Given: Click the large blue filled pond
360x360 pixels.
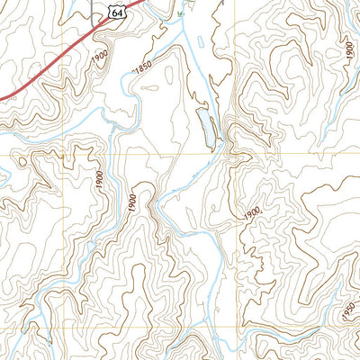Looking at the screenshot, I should (x=204, y=127).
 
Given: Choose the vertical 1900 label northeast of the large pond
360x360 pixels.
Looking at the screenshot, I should (x=348, y=50).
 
